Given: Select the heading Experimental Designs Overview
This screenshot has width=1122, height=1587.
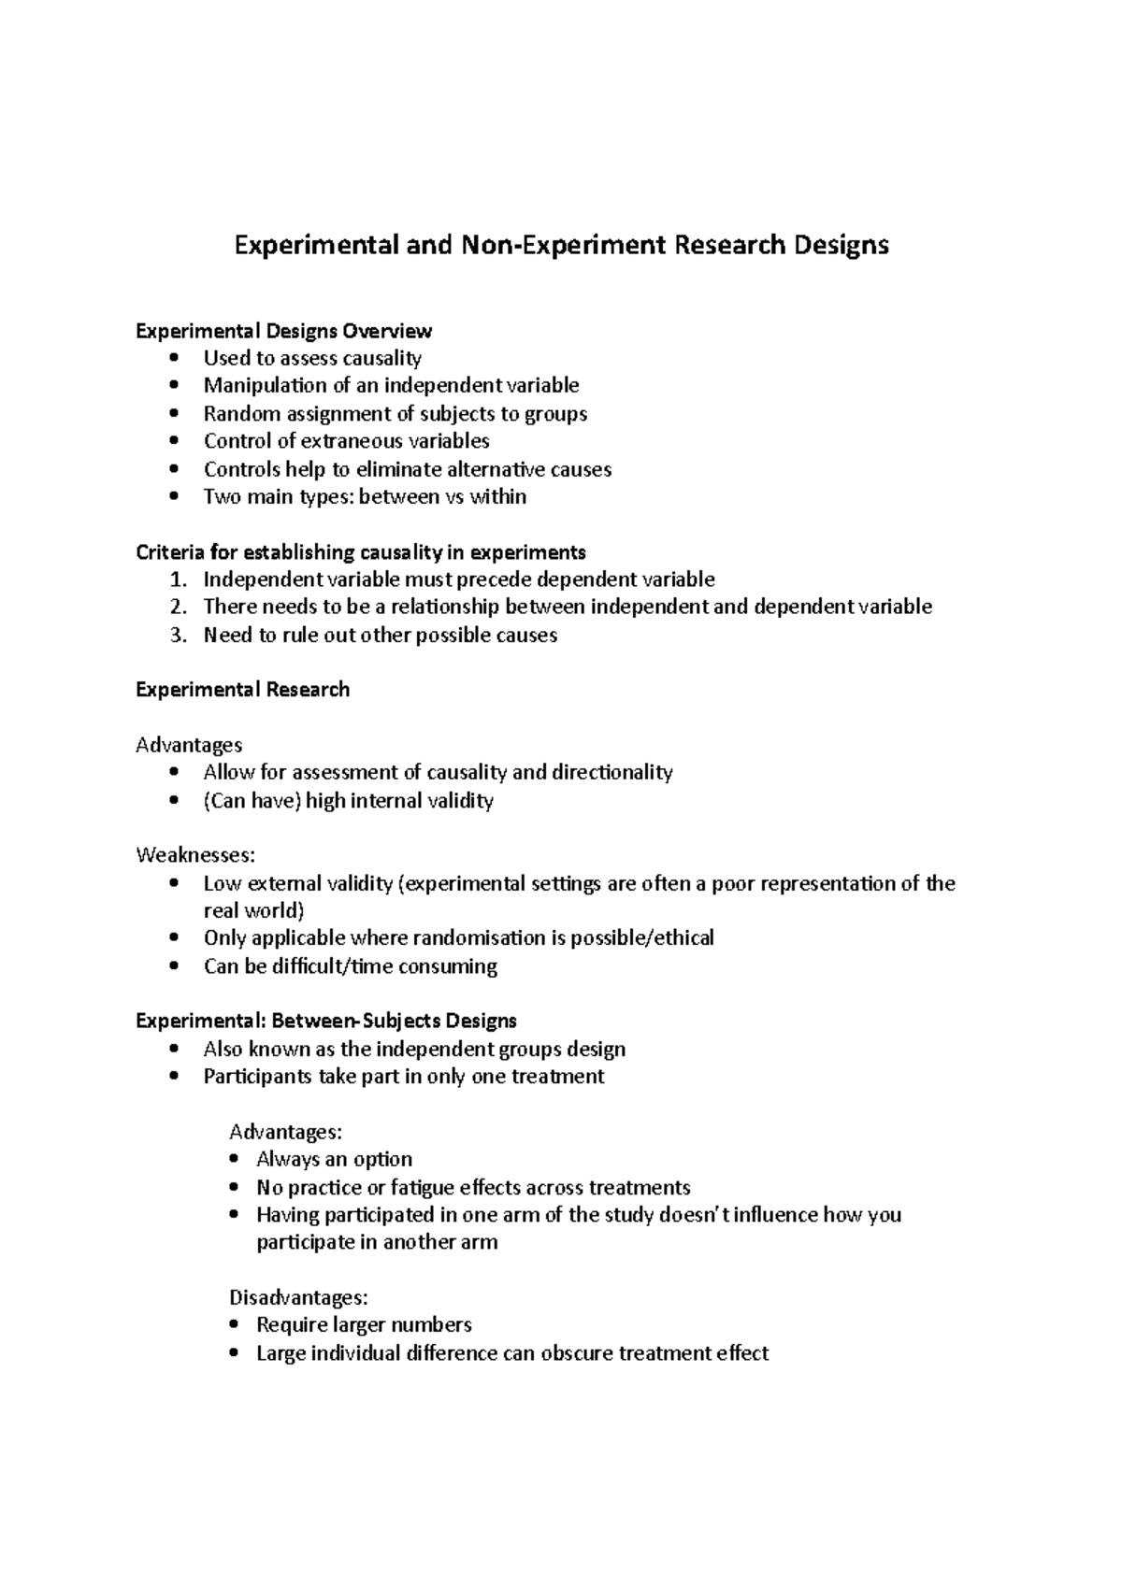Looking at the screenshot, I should (284, 331).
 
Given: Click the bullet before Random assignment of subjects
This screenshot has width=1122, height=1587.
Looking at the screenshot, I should (174, 414).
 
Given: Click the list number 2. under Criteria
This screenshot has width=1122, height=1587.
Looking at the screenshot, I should (179, 608).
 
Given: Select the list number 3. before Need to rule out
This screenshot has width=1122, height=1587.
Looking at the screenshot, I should (179, 636).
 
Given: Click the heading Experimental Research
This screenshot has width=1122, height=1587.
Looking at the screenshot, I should (242, 690).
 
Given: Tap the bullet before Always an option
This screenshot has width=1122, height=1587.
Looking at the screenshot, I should (234, 1160).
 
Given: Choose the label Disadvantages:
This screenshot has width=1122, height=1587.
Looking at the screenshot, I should (298, 1298).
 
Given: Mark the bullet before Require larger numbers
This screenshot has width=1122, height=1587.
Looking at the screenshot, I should (234, 1325).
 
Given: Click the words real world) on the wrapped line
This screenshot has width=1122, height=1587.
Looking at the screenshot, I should (253, 911).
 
